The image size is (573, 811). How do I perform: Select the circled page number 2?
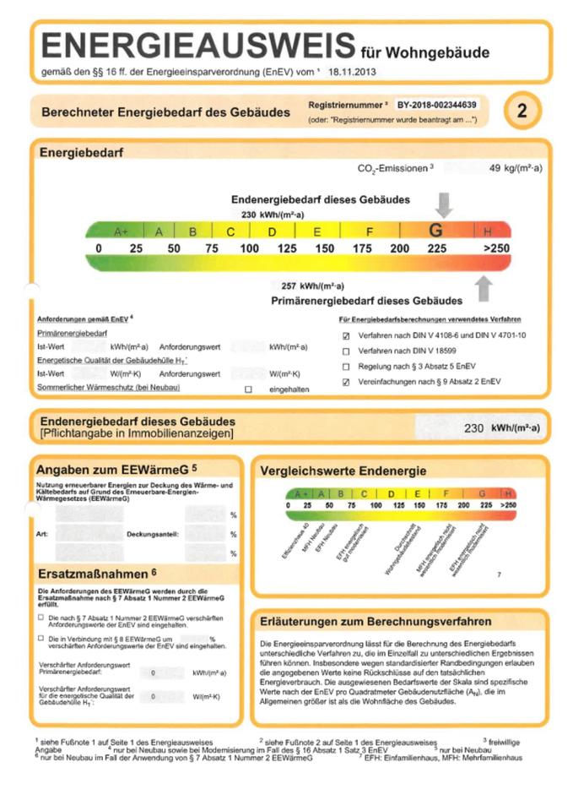coord(522,111)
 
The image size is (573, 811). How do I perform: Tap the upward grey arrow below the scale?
coord(484,288)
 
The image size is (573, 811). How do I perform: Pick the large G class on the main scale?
coord(436,231)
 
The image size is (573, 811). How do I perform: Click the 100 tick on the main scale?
coord(249,248)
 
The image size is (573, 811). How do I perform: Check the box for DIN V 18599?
coord(345,351)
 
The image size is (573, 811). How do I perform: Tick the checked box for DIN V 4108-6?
coord(345,335)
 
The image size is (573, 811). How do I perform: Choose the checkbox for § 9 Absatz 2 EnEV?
coord(345,382)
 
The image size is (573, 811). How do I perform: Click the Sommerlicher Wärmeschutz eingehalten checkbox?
coord(248,389)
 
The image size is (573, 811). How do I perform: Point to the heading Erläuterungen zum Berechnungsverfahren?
coord(376,621)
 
